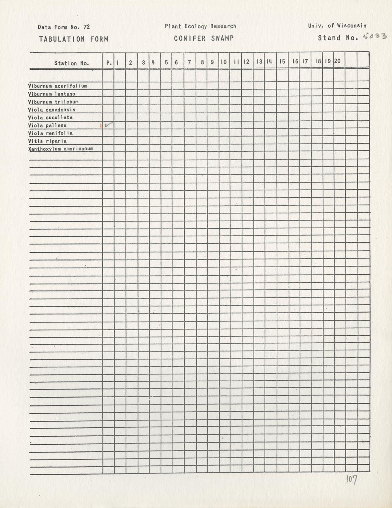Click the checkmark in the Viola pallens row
point(109,125)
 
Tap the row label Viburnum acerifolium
point(57,86)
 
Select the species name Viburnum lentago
point(52,94)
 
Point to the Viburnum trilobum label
point(53,102)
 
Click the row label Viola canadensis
point(52,110)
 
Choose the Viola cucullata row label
point(50,117)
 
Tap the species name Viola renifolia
point(50,133)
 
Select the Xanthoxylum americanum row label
point(60,149)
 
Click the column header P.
point(109,63)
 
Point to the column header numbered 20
point(337,61)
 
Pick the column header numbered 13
point(259,62)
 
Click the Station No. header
point(71,63)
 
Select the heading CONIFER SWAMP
point(204,38)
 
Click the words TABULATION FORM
point(74,39)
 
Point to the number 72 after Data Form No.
point(87,27)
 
